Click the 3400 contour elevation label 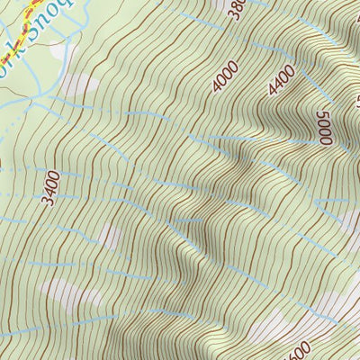tap(52, 188)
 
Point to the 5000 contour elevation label tap(323, 125)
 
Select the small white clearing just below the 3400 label tap(108, 237)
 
